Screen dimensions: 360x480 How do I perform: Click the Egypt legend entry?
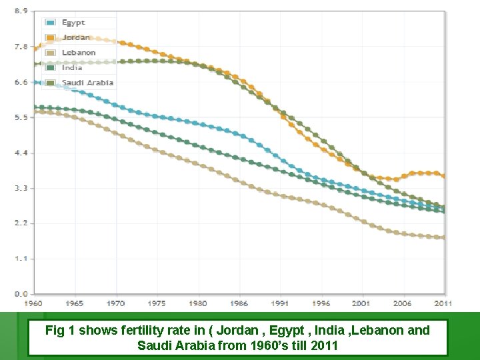click(73, 23)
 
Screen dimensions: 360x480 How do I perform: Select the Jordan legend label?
click(75, 37)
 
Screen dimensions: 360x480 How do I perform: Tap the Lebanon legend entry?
click(79, 52)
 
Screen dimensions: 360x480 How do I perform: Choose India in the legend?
click(72, 67)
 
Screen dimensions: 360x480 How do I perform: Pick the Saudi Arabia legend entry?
click(87, 83)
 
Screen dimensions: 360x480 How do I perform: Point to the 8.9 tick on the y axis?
click(21, 11)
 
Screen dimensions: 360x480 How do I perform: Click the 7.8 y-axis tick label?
click(21, 47)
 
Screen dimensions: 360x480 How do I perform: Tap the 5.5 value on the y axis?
click(21, 117)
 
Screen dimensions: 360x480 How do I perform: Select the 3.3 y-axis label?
click(21, 188)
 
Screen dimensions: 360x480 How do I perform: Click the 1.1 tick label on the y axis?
click(21, 258)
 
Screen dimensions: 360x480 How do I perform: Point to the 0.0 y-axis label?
click(21, 293)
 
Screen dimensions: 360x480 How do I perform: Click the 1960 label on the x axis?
click(33, 303)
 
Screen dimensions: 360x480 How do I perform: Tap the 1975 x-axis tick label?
click(157, 303)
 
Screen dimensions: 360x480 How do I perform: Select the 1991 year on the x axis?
click(280, 303)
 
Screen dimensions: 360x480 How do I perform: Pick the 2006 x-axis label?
click(402, 303)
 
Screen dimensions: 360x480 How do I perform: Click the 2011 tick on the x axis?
click(443, 303)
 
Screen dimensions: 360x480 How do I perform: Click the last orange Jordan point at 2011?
click(445, 177)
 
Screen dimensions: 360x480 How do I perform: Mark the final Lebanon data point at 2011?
click(445, 237)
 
